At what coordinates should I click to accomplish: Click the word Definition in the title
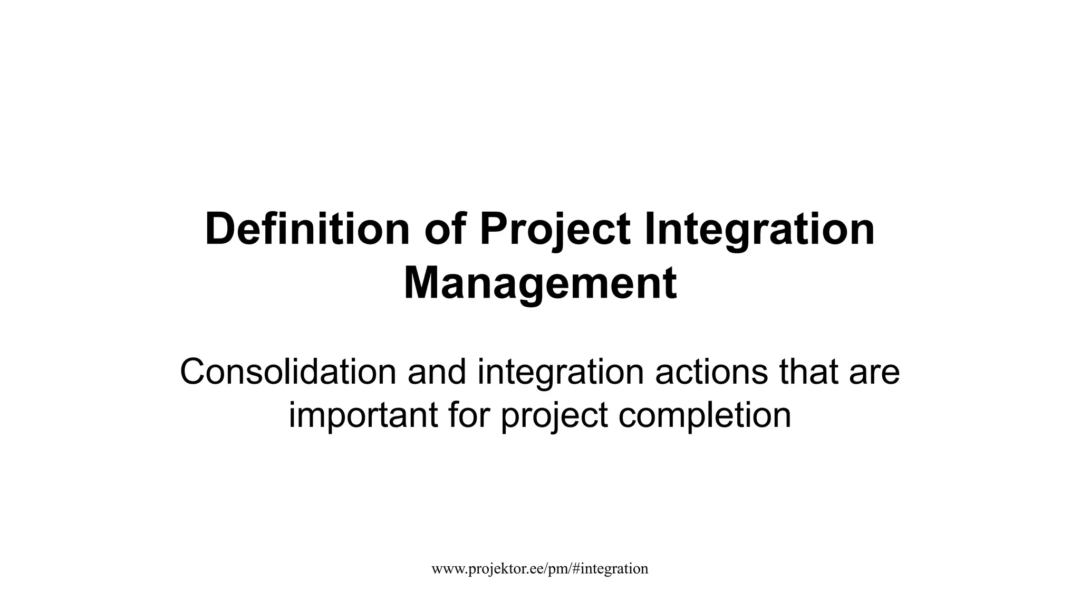pyautogui.click(x=307, y=229)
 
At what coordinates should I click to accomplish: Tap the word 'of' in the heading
pyautogui.click(x=445, y=229)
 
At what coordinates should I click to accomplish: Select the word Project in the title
pyautogui.click(x=554, y=229)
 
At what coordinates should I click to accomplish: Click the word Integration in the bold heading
pyautogui.click(x=759, y=229)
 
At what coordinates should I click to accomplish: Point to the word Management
pyautogui.click(x=540, y=284)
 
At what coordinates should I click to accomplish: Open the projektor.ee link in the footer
pyautogui.click(x=539, y=568)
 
